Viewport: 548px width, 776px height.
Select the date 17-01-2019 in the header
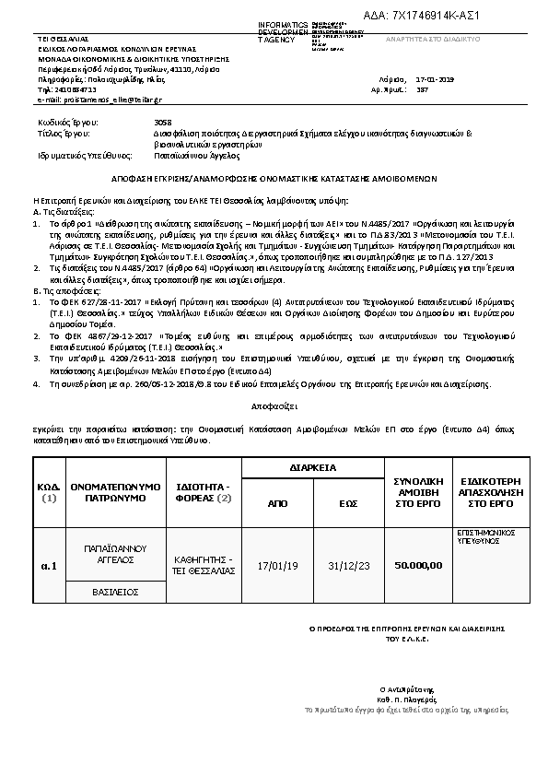point(435,80)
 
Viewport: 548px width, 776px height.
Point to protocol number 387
point(423,90)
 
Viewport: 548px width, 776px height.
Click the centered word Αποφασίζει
point(273,405)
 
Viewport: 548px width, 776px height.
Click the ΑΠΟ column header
point(277,504)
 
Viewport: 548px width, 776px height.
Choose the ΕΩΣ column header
point(348,504)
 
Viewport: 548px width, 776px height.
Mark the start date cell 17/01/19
point(277,565)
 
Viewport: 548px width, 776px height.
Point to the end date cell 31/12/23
point(348,565)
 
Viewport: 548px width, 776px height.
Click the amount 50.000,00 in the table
point(418,565)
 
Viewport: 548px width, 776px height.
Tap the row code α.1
point(49,565)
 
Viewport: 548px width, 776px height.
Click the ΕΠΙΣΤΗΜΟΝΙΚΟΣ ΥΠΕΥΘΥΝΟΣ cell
point(481,538)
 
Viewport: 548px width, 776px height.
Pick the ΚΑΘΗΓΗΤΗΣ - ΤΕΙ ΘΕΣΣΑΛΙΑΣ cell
point(205,565)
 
